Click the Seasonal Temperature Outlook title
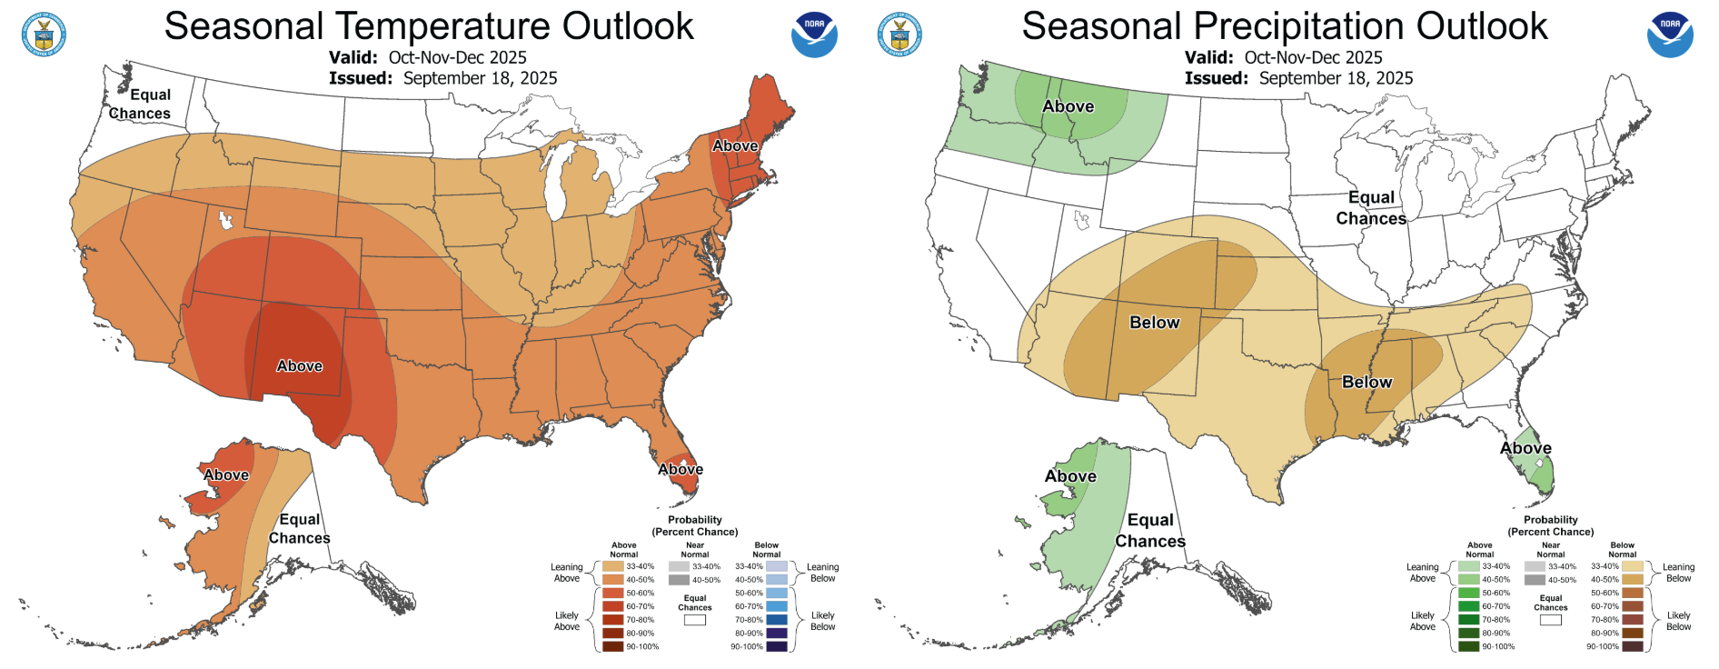point(428,26)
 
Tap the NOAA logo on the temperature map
point(814,35)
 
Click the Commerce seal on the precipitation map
point(899,35)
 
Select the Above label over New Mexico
point(300,366)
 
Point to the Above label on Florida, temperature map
point(681,469)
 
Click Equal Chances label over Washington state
point(141,104)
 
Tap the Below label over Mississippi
point(1366,383)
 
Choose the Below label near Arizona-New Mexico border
point(1154,323)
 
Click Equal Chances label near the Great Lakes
point(1371,208)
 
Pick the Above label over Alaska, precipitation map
point(1070,476)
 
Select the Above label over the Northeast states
point(735,145)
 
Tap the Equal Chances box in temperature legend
point(694,620)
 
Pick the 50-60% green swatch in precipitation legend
point(1468,593)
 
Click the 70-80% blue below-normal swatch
point(776,620)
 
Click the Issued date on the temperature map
point(480,78)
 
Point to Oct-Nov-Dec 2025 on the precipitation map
point(1313,57)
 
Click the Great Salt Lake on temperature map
point(224,220)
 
